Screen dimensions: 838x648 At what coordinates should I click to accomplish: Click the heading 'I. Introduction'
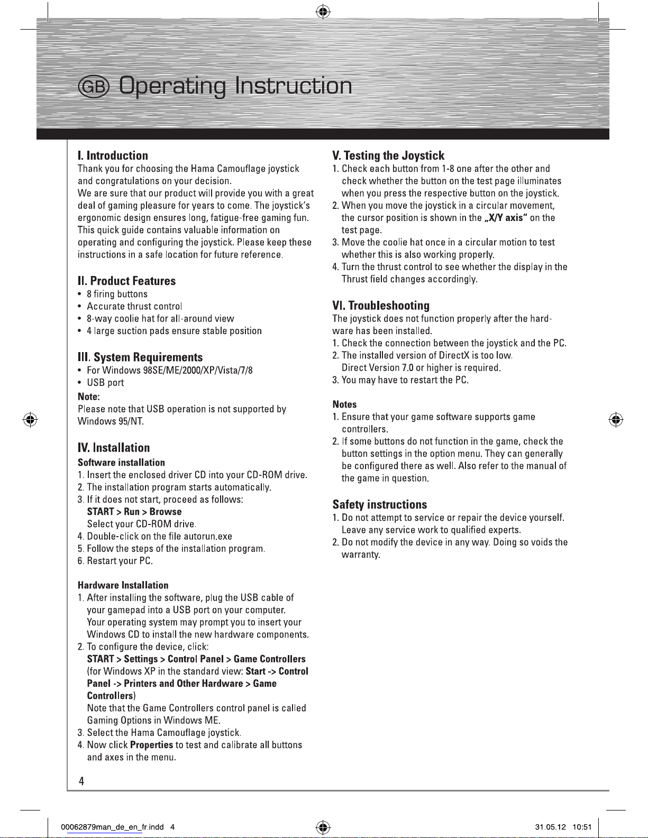(113, 155)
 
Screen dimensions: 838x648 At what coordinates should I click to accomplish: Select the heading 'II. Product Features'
(126, 281)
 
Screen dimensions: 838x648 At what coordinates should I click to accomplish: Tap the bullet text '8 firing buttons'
(117, 294)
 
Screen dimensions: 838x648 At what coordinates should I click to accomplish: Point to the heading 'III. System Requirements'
(140, 357)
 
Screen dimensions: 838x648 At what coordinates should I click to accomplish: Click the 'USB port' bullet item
(105, 382)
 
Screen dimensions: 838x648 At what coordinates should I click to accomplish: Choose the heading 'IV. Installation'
(114, 448)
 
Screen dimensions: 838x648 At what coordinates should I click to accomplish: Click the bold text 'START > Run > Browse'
(134, 512)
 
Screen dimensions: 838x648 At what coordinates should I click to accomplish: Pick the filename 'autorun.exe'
(211, 536)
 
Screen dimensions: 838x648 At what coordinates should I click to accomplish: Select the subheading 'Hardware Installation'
(123, 585)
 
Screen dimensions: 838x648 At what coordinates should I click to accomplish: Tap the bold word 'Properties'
(151, 745)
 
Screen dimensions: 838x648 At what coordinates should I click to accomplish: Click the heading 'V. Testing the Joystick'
(388, 155)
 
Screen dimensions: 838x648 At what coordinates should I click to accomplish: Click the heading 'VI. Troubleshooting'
(381, 306)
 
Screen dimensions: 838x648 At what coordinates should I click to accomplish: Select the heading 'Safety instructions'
(379, 504)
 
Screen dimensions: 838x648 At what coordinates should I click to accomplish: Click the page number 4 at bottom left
(81, 781)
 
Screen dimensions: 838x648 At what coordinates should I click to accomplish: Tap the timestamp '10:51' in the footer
(582, 827)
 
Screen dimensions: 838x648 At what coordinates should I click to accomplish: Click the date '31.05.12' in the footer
(550, 827)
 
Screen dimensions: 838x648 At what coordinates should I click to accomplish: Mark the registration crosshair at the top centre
(323, 11)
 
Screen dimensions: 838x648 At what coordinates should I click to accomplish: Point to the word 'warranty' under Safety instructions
(360, 555)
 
